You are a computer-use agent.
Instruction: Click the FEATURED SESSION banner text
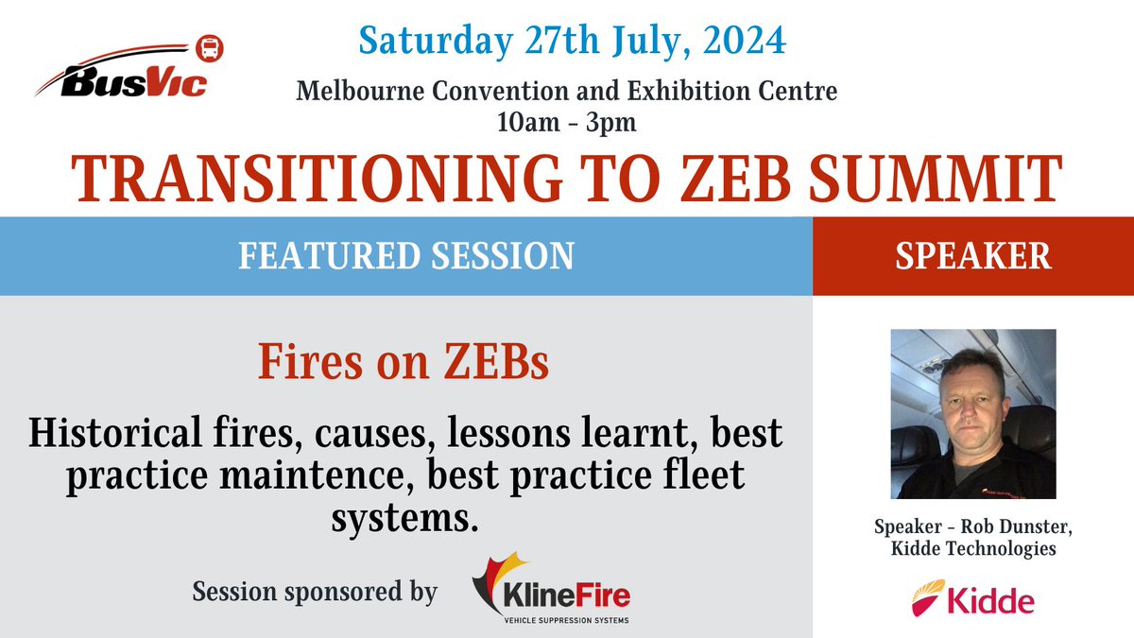click(406, 256)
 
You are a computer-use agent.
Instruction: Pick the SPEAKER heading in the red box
click(972, 256)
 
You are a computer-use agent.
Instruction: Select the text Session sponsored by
click(315, 593)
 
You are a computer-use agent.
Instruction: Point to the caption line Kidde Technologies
click(973, 548)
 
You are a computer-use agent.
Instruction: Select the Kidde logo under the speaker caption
click(972, 599)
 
